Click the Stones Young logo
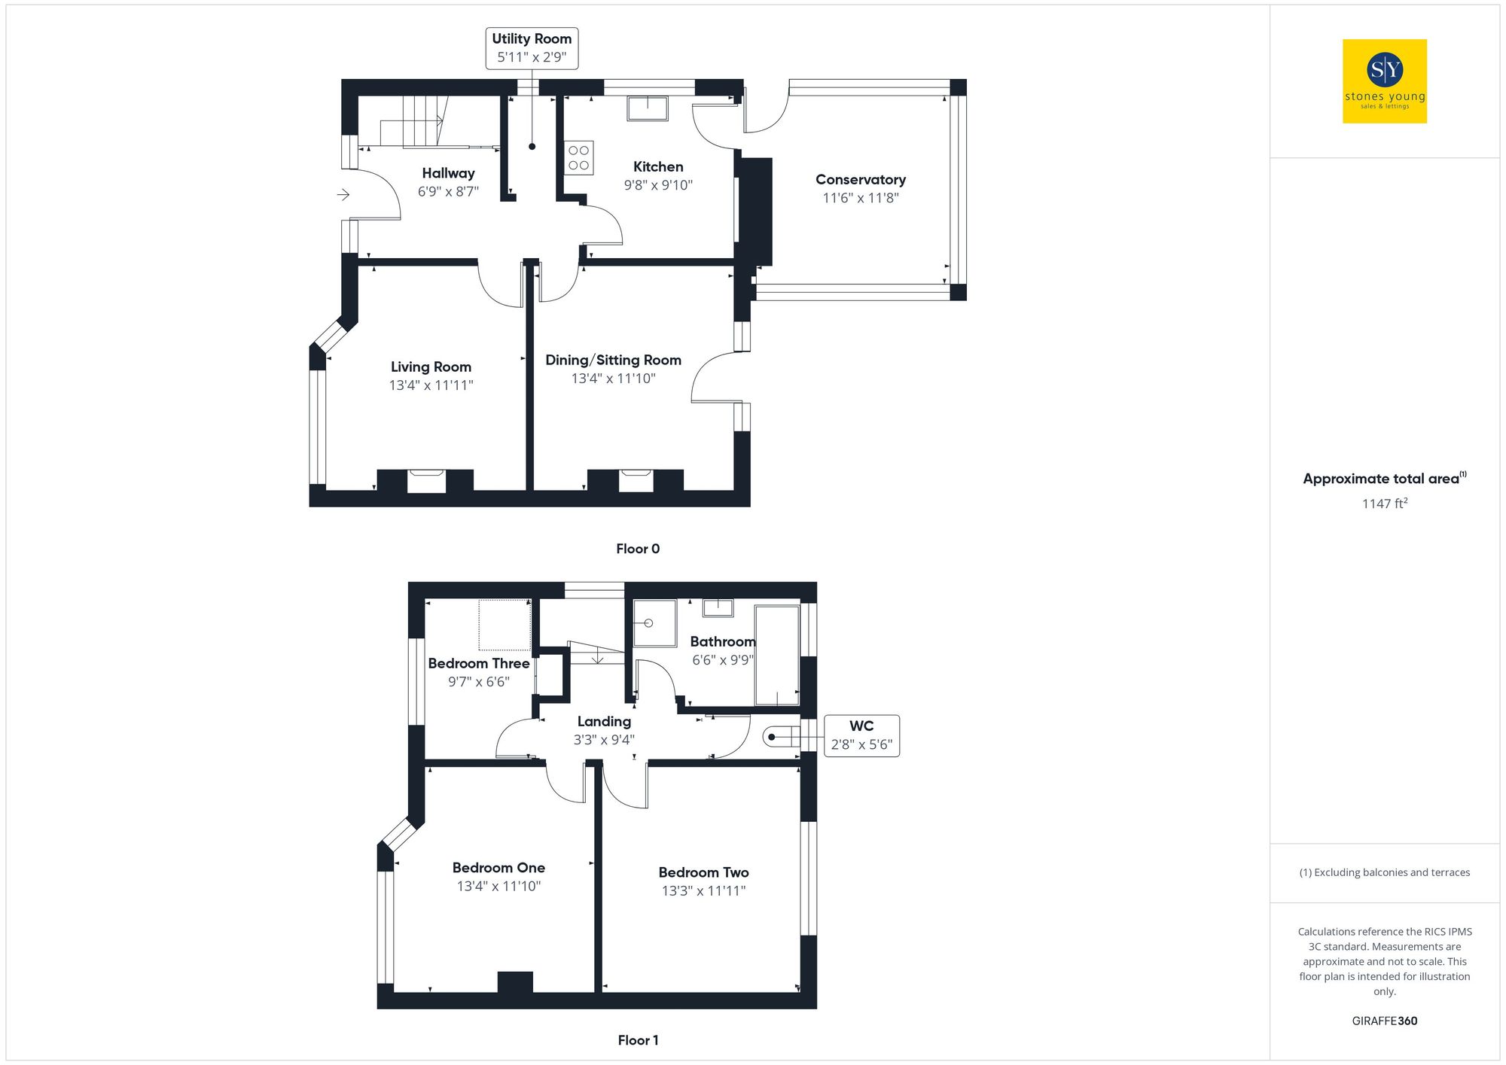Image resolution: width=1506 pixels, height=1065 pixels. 1384,81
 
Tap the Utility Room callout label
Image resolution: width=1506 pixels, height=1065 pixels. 532,48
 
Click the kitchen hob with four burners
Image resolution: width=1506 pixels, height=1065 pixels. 578,158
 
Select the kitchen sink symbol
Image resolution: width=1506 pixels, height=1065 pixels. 648,108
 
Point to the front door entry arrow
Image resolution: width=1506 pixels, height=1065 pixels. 343,195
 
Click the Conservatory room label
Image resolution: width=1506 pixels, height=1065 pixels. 860,180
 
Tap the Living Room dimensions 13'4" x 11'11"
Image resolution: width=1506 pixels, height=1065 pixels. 431,385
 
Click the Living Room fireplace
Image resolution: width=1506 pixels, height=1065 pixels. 426,480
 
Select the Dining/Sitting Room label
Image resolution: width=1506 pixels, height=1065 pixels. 613,361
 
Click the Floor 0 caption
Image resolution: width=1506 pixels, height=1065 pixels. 637,549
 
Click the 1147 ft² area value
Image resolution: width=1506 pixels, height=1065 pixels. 1383,504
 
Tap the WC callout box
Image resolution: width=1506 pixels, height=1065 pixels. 861,735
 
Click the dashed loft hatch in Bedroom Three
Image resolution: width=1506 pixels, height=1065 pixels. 505,625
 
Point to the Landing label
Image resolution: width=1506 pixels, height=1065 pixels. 604,722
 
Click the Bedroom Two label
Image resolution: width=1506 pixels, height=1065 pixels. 703,872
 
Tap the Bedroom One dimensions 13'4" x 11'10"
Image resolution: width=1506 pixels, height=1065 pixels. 498,887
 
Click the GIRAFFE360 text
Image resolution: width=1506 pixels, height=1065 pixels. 1384,1021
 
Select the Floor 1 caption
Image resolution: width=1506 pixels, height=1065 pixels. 637,1040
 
